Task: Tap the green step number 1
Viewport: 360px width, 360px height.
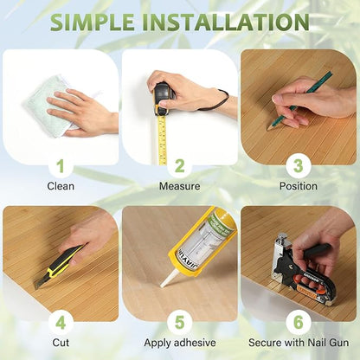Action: point(61,166)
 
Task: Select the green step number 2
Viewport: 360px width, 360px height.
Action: point(179,166)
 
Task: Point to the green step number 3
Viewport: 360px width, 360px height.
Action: point(299,166)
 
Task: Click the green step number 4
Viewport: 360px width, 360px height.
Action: point(61,323)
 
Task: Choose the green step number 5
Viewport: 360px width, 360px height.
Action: point(179,323)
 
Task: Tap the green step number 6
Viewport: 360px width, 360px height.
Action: point(299,323)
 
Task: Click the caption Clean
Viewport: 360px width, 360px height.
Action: point(61,186)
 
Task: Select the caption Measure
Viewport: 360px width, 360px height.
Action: point(179,186)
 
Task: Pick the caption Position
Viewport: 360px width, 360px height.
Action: point(299,186)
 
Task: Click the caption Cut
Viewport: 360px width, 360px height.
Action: point(61,343)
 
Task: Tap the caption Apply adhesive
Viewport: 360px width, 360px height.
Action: point(180,343)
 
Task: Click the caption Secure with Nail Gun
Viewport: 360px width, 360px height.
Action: point(299,343)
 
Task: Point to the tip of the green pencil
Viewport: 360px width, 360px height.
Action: point(267,129)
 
